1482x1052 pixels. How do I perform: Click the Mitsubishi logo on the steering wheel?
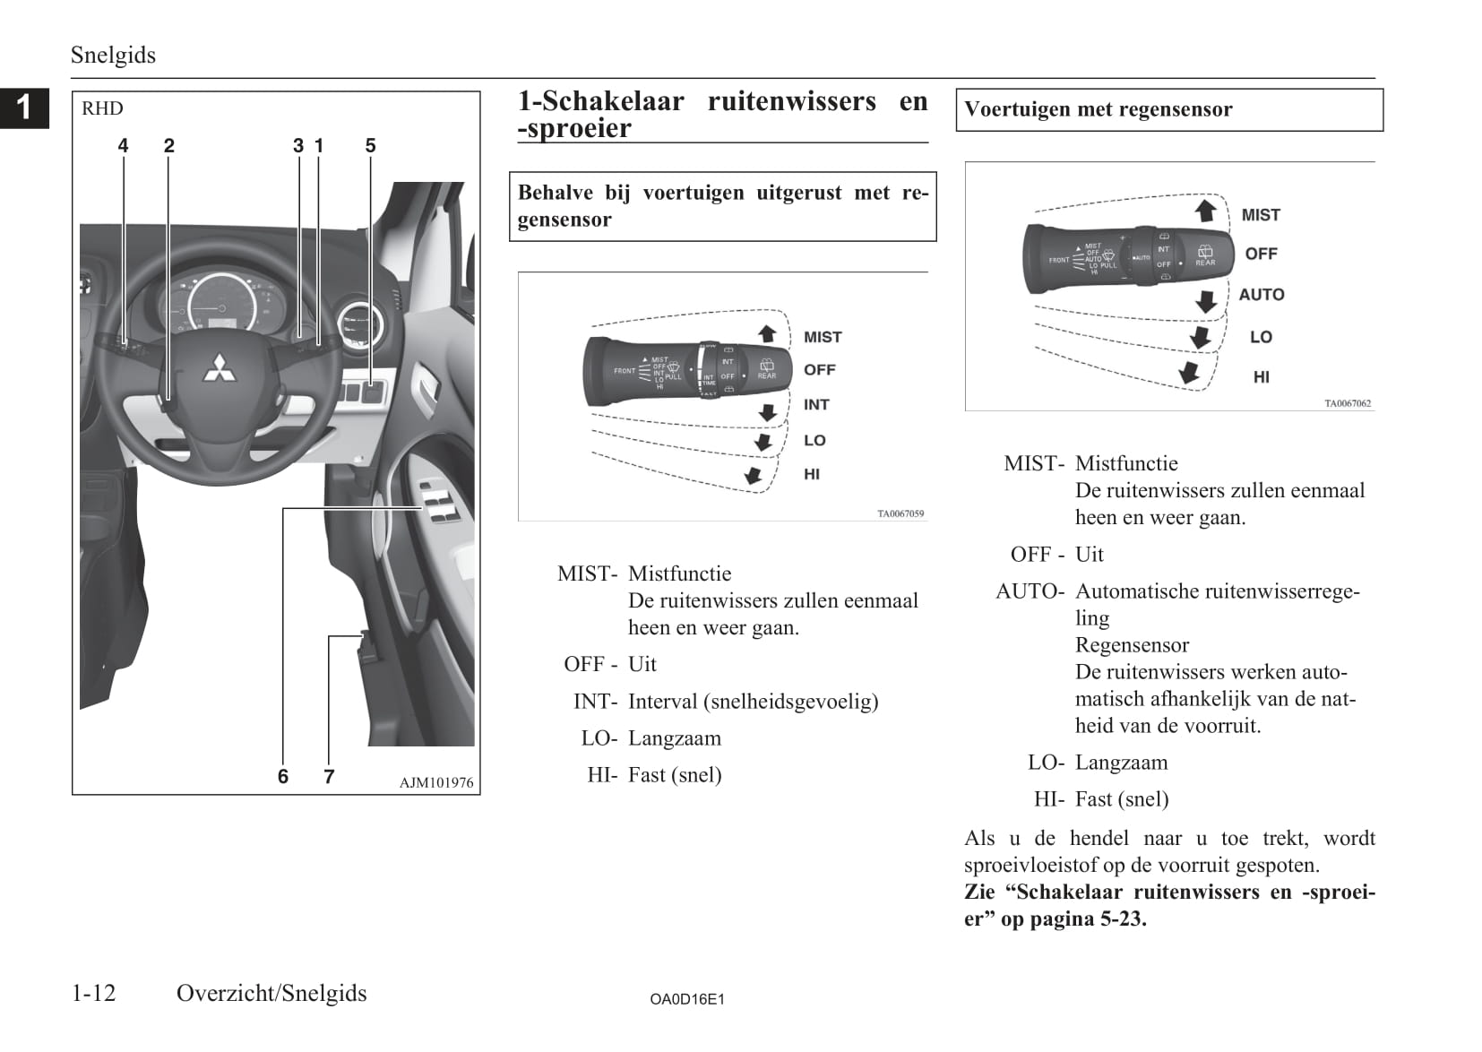pyautogui.click(x=219, y=367)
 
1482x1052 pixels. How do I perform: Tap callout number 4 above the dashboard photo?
pyautogui.click(x=123, y=145)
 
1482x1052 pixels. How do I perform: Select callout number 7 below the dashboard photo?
pyautogui.click(x=329, y=776)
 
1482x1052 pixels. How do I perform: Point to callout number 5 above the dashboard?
pyautogui.click(x=370, y=145)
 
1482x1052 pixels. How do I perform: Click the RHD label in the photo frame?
pyautogui.click(x=102, y=109)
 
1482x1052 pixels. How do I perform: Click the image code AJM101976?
pyautogui.click(x=436, y=782)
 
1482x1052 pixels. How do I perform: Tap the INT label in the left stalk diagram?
pyautogui.click(x=816, y=405)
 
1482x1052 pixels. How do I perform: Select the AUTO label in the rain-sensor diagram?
pyautogui.click(x=1262, y=295)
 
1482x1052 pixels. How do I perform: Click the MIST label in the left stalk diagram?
pyautogui.click(x=823, y=338)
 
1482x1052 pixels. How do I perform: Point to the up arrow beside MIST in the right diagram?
pyautogui.click(x=1206, y=211)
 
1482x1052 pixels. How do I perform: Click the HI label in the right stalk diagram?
pyautogui.click(x=1262, y=377)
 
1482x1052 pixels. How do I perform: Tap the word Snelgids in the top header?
pyautogui.click(x=113, y=56)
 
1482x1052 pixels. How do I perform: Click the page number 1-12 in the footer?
pyautogui.click(x=94, y=993)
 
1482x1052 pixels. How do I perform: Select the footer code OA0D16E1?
pyautogui.click(x=687, y=999)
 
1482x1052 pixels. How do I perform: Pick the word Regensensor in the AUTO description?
pyautogui.click(x=1132, y=645)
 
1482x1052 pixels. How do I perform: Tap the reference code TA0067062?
pyautogui.click(x=1348, y=403)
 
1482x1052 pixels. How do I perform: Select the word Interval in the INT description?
pyautogui.click(x=662, y=702)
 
